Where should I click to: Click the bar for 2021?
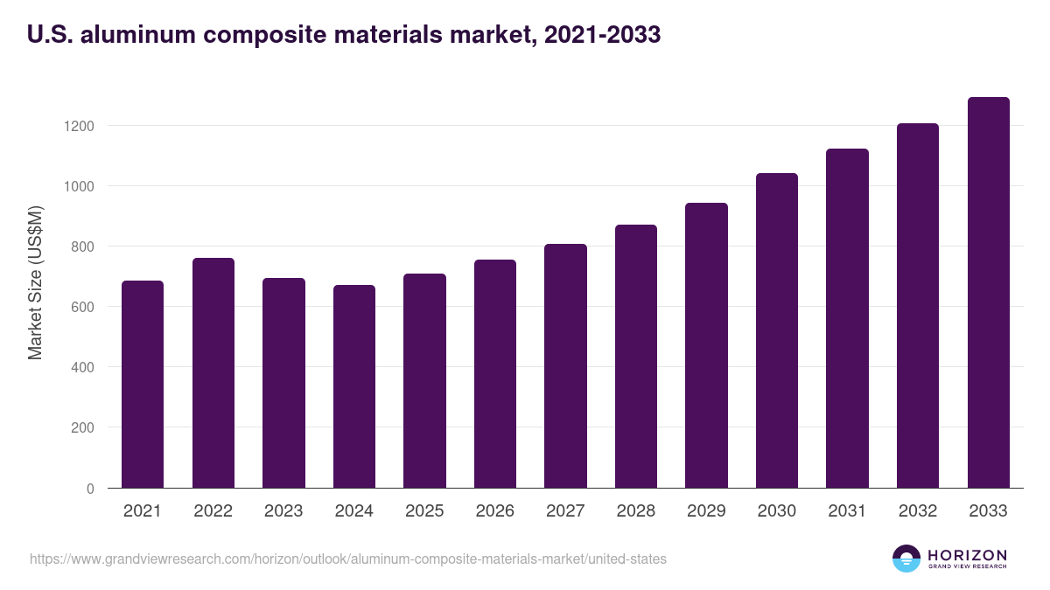(143, 385)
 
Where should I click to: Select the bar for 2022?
(213, 373)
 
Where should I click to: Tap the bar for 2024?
(354, 386)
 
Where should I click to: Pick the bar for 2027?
(565, 366)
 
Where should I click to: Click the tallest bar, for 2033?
(988, 293)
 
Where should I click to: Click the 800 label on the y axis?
(82, 246)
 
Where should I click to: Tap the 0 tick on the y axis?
(90, 489)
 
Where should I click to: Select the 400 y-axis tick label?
(82, 367)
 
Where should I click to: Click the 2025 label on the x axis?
(424, 511)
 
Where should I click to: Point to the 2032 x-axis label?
(918, 511)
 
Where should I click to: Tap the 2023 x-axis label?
(283, 511)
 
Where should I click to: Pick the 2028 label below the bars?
(636, 511)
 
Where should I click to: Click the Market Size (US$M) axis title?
(35, 282)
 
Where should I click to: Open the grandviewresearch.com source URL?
(348, 559)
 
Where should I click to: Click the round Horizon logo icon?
(906, 559)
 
